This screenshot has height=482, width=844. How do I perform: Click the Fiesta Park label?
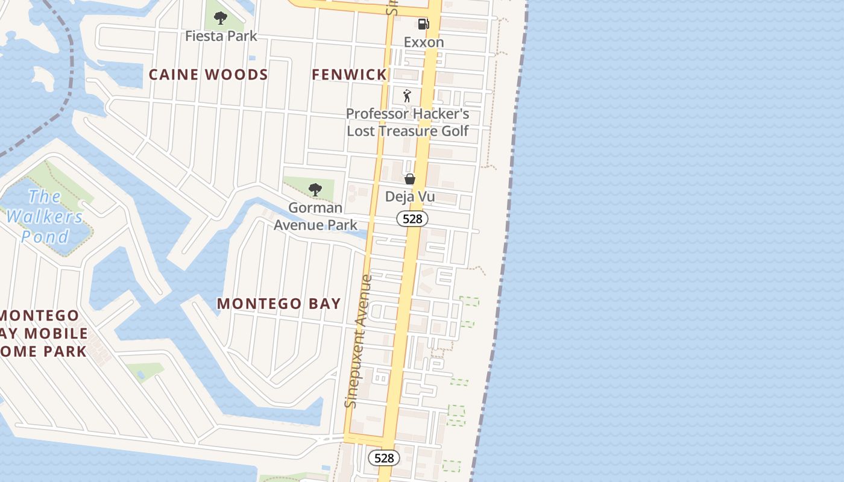221,36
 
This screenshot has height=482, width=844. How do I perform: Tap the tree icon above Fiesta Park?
221,17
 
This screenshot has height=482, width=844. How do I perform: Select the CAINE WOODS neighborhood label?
208,75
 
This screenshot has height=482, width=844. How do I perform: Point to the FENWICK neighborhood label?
349,75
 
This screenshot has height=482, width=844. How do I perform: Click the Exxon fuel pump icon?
424,24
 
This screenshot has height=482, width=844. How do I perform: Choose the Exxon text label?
424,42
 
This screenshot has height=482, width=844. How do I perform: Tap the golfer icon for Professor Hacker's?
408,96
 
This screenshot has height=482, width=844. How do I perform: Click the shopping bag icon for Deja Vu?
410,179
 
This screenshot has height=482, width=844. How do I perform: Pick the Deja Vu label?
410,197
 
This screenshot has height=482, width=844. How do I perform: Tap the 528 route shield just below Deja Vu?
412,219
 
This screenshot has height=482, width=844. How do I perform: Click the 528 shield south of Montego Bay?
383,458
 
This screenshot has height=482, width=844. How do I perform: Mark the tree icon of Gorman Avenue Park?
315,190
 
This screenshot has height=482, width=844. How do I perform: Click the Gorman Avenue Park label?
315,216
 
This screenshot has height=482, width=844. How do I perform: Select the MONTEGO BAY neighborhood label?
279,304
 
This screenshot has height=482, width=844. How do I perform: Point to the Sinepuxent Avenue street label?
360,340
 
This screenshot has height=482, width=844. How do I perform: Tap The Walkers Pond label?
45,216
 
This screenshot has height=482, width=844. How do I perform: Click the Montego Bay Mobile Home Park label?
42,333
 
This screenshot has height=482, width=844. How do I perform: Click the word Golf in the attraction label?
457,131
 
